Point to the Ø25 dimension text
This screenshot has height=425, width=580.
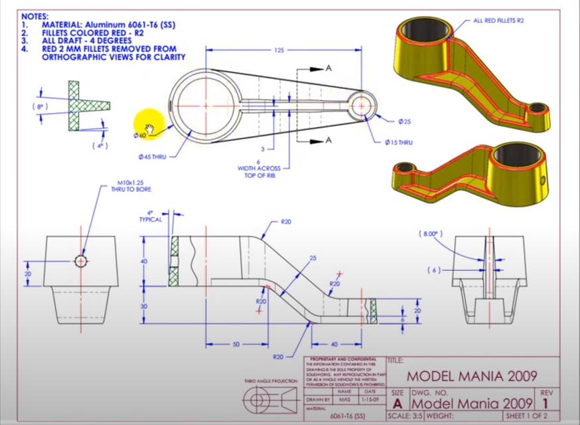click(404, 122)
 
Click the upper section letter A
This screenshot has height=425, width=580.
click(328, 68)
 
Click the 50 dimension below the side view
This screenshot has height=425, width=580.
click(236, 345)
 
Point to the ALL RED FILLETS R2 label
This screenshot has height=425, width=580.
click(498, 21)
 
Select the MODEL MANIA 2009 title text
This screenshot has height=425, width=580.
click(472, 377)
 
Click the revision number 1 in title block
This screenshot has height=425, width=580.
click(546, 403)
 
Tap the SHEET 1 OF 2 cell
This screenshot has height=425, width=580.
click(528, 416)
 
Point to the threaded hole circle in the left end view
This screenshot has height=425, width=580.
click(81, 261)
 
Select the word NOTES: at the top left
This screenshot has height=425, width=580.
click(35, 15)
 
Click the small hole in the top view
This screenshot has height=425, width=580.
click(361, 105)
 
